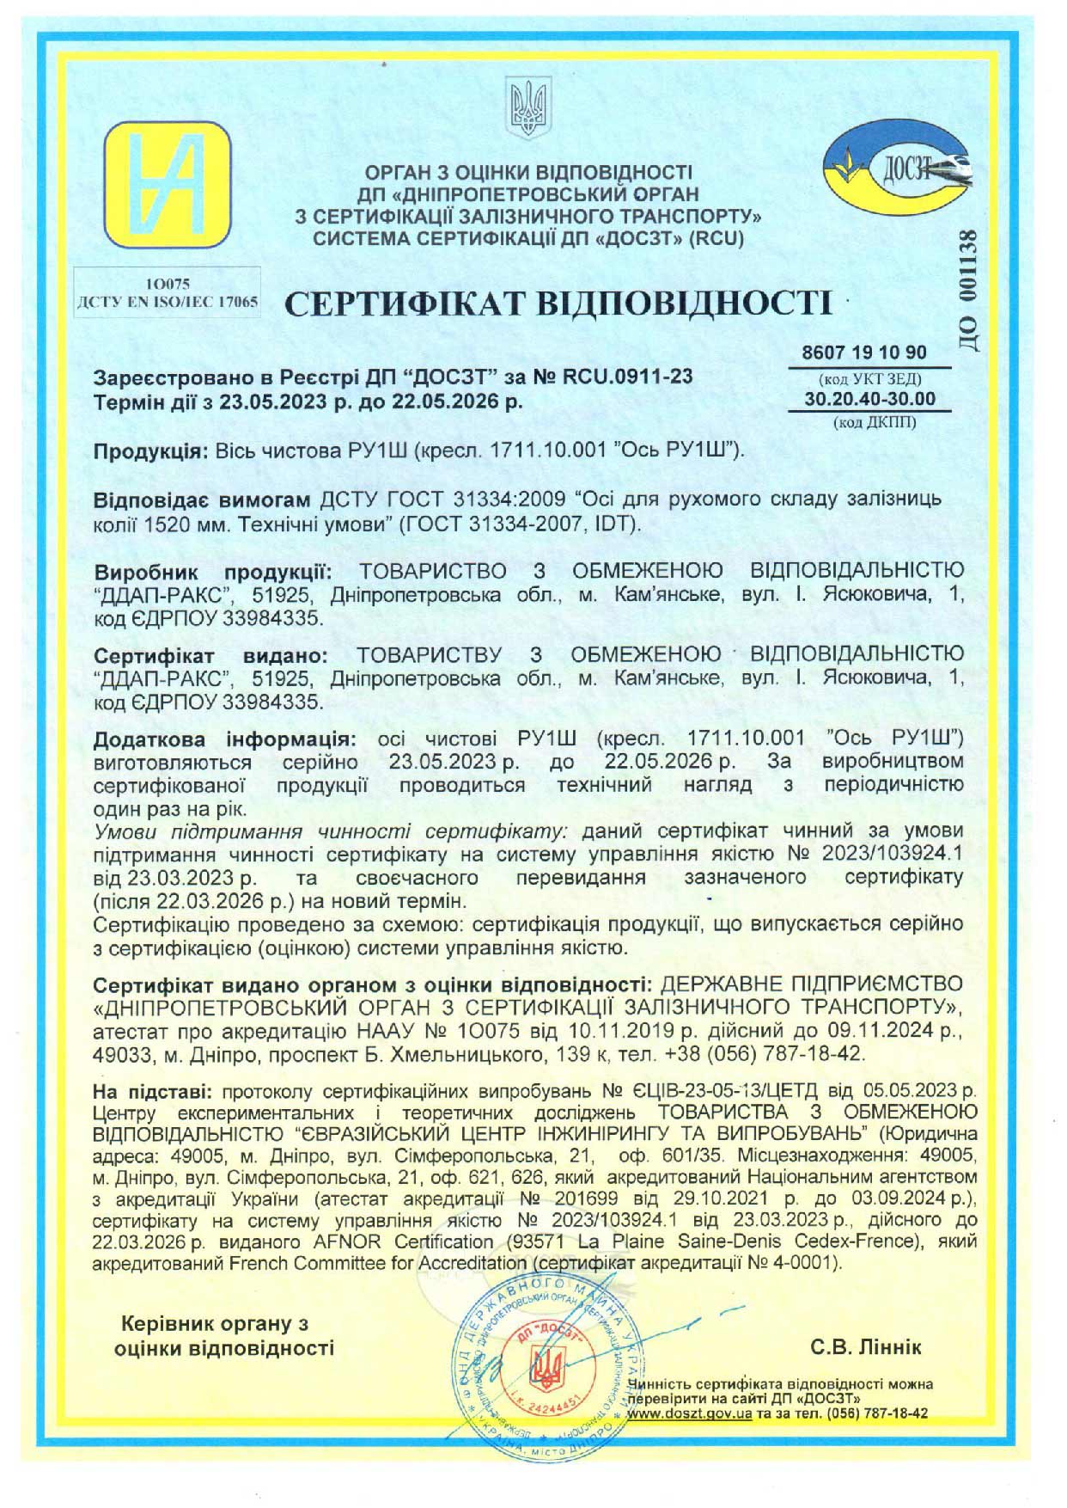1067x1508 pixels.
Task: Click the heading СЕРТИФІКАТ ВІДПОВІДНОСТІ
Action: (x=558, y=304)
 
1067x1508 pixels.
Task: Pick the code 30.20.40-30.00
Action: (x=870, y=399)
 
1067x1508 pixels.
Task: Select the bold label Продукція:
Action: (x=151, y=451)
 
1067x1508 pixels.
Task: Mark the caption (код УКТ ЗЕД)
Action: (x=870, y=377)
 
